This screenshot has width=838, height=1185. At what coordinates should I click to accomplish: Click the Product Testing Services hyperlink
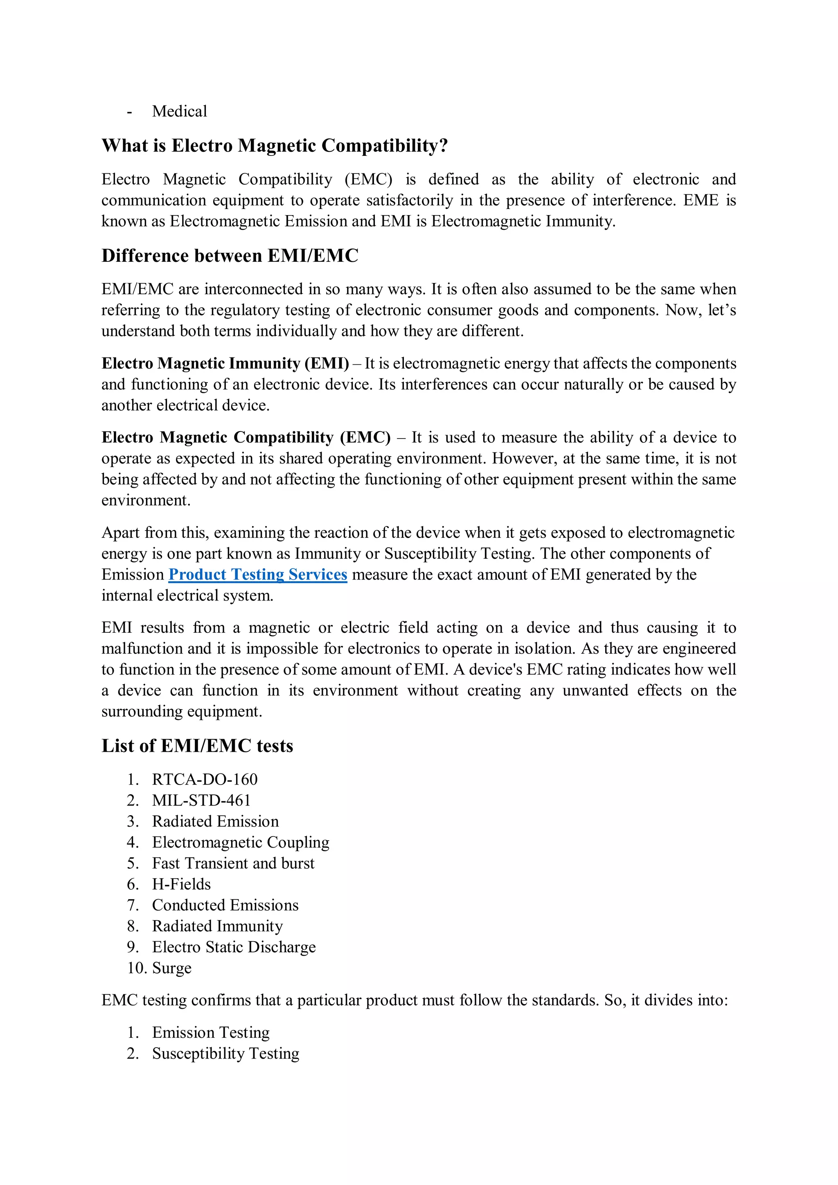(x=258, y=574)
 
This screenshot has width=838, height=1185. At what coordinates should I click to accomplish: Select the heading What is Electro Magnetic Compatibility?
(x=274, y=146)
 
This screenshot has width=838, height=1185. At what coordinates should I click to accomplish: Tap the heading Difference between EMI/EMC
(x=230, y=256)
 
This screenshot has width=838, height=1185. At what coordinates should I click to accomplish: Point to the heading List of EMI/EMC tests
(x=197, y=746)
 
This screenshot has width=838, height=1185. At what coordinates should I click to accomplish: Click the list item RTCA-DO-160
(x=205, y=779)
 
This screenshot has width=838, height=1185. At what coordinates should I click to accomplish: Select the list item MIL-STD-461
(x=201, y=800)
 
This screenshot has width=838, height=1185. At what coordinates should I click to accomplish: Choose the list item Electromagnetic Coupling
(x=241, y=842)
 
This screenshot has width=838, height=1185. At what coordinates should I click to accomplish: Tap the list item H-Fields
(x=181, y=884)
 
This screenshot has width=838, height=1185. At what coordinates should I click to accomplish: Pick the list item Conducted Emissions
(x=225, y=905)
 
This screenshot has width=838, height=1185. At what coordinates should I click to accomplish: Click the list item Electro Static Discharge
(x=234, y=947)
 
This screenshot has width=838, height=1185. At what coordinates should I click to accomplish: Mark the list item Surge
(x=171, y=968)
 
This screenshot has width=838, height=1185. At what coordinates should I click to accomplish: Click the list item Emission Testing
(x=211, y=1032)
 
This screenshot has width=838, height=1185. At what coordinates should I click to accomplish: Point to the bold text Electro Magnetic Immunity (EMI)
(x=225, y=363)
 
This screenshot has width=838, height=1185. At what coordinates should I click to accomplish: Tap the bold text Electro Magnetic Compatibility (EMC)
(x=246, y=437)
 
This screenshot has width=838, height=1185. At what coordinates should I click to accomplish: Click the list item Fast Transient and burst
(x=233, y=863)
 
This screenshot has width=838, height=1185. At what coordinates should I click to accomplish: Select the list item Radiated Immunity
(x=217, y=926)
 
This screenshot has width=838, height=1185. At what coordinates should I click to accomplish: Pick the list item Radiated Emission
(x=215, y=821)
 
